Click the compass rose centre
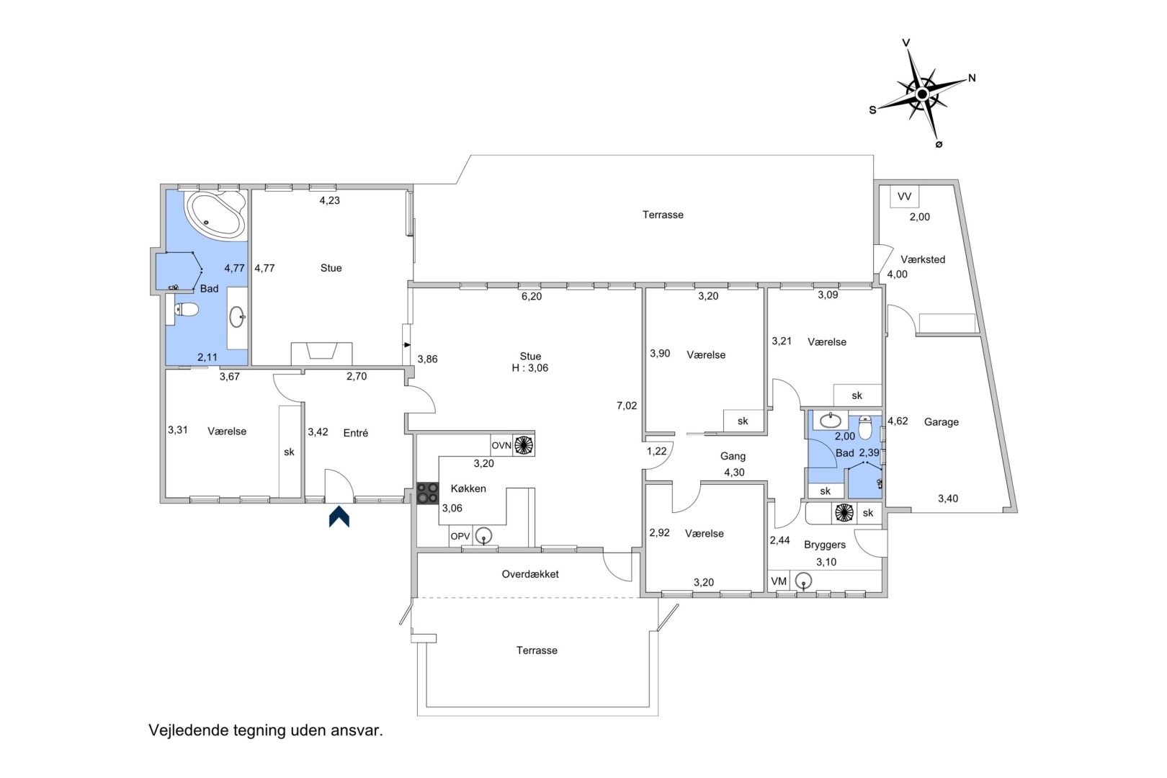click(921, 94)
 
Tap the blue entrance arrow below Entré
click(339, 517)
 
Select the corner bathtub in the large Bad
click(215, 215)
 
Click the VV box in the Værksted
click(905, 197)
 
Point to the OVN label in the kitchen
click(501, 445)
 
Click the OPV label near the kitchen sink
click(460, 536)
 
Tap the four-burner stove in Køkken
click(427, 493)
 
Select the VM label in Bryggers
click(778, 581)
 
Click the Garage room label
click(942, 422)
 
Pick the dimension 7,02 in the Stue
click(627, 406)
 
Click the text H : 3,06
click(530, 368)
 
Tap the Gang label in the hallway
click(733, 456)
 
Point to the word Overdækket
click(530, 573)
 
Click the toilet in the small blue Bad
click(865, 426)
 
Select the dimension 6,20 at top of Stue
click(532, 297)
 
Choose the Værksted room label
click(923, 259)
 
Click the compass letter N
click(972, 79)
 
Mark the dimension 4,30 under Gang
click(734, 473)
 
